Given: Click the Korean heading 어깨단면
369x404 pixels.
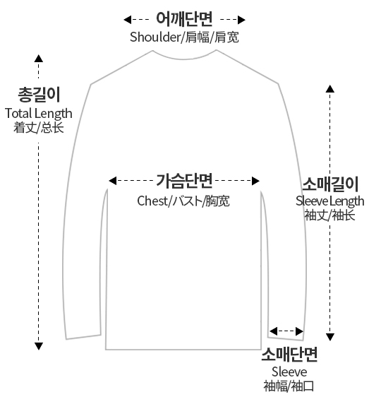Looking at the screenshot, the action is [184, 19].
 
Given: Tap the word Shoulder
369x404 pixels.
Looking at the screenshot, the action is [155, 37].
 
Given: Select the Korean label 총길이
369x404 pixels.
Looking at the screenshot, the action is [39, 95].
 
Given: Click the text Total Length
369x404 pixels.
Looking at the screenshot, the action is [39, 114].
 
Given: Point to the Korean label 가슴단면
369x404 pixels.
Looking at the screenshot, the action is [184, 181].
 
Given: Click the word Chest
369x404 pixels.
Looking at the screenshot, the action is [152, 201].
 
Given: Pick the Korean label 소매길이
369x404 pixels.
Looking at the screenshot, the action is [330, 184].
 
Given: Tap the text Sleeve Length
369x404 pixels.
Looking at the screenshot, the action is [330, 201].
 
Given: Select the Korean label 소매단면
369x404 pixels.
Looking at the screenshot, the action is [289, 355].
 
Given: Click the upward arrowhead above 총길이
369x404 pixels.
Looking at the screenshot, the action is [39, 59].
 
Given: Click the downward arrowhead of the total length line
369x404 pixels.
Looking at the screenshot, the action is [39, 346].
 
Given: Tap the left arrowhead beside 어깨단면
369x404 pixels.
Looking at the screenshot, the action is [128, 20].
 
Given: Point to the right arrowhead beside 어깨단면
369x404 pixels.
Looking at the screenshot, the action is [241, 20].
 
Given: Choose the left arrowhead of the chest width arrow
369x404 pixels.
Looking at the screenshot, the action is [112, 181].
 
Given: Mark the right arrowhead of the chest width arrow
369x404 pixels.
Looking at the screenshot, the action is [255, 181].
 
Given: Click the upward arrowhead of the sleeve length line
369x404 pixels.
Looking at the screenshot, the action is [330, 89].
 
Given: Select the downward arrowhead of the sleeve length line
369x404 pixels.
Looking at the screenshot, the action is [330, 337].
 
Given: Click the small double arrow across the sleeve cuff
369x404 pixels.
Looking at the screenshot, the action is [286, 331].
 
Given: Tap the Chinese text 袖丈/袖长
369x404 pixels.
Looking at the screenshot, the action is [329, 215].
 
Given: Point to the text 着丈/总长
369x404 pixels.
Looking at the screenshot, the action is [39, 127].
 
